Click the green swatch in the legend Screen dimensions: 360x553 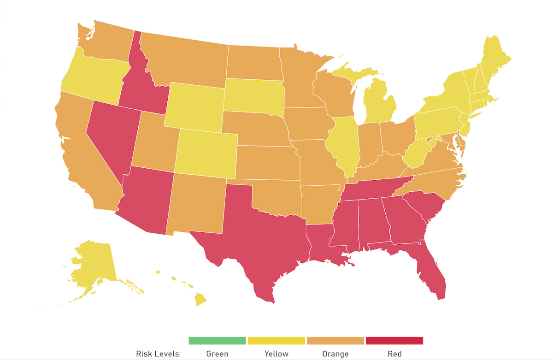pyautogui.click(x=217, y=341)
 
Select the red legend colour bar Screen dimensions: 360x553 pyautogui.click(x=394, y=341)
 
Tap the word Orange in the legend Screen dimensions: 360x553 pyautogui.click(x=335, y=354)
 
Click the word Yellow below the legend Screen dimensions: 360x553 pyautogui.click(x=276, y=354)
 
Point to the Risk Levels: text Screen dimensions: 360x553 pyautogui.click(x=159, y=354)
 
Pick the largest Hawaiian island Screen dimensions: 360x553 pyautogui.click(x=200, y=300)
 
